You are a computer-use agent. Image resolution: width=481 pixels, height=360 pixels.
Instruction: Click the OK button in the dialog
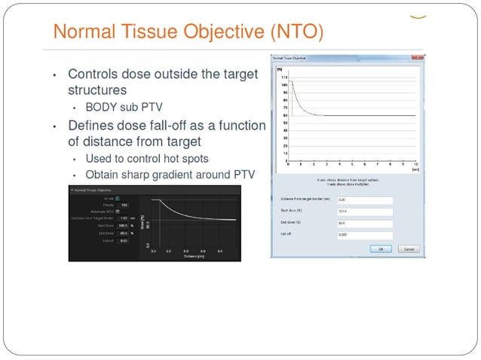click(x=380, y=249)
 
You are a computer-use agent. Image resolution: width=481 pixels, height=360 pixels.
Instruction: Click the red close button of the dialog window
click(x=420, y=58)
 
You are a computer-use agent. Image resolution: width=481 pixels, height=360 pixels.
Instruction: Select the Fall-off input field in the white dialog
click(x=365, y=235)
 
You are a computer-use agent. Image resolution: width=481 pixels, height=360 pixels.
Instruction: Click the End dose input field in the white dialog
click(x=365, y=224)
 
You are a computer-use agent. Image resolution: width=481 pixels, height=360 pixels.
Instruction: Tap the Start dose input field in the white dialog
click(x=365, y=212)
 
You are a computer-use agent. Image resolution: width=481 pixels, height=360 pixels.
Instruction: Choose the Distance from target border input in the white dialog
click(x=365, y=200)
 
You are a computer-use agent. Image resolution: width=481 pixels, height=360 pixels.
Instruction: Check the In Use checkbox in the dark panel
click(x=117, y=198)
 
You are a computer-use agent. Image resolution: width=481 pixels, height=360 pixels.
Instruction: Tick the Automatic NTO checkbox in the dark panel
click(x=117, y=212)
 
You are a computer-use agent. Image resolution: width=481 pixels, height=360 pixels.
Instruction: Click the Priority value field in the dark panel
click(x=124, y=205)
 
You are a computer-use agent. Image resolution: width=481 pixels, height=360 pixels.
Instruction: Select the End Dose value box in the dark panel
click(x=124, y=233)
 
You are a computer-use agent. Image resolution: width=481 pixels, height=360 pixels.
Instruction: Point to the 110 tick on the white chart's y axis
click(x=283, y=78)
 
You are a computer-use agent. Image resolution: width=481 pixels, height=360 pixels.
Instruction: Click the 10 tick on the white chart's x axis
click(x=416, y=163)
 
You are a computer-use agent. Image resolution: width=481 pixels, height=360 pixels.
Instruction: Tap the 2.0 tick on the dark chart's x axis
click(x=169, y=250)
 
